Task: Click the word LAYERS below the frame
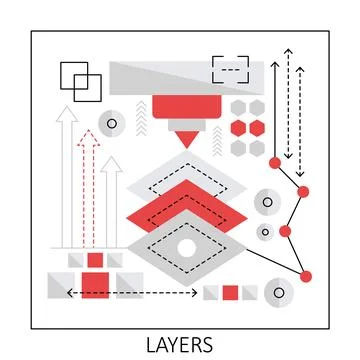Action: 180,345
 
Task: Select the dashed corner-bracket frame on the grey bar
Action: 230,69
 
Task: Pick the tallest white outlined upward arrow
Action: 67,175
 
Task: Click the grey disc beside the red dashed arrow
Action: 110,124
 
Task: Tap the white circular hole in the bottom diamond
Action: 186,247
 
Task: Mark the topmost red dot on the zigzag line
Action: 274,161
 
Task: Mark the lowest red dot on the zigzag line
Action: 306,275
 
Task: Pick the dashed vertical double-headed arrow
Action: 299,110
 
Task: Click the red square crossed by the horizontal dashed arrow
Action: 95,286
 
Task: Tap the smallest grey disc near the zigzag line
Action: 264,232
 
